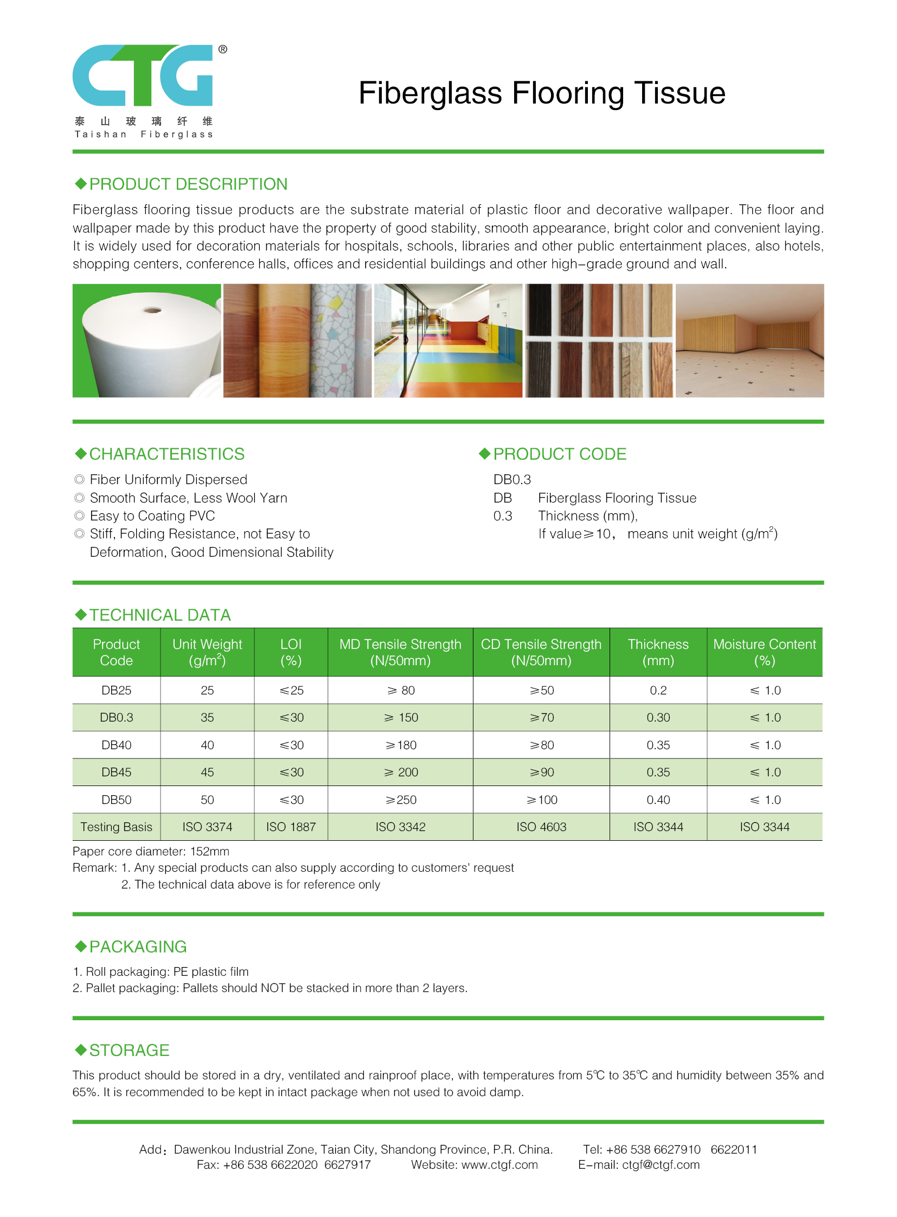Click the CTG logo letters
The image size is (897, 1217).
pyautogui.click(x=143, y=75)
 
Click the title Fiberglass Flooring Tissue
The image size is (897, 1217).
pyautogui.click(x=541, y=93)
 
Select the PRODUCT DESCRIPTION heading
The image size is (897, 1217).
pyautogui.click(x=188, y=184)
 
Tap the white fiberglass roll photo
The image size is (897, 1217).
pyautogui.click(x=146, y=340)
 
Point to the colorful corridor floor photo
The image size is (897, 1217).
pyautogui.click(x=448, y=340)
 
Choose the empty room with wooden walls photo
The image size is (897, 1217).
pyautogui.click(x=749, y=340)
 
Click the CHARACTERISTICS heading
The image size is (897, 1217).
pyautogui.click(x=166, y=454)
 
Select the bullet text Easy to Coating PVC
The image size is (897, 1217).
pyautogui.click(x=152, y=516)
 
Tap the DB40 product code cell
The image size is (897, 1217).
pyautogui.click(x=116, y=745)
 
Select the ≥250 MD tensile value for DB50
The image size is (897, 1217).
pyautogui.click(x=401, y=800)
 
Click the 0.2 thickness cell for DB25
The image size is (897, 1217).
pyautogui.click(x=658, y=690)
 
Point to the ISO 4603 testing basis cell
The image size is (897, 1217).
pyautogui.click(x=541, y=827)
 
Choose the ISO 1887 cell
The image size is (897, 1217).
pyautogui.click(x=291, y=827)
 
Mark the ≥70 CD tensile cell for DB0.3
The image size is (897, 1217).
pyautogui.click(x=541, y=717)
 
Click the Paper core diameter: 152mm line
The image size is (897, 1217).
pyautogui.click(x=151, y=851)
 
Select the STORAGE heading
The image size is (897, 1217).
pyautogui.click(x=129, y=1050)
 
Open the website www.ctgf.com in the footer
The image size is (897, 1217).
pyautogui.click(x=499, y=1164)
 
